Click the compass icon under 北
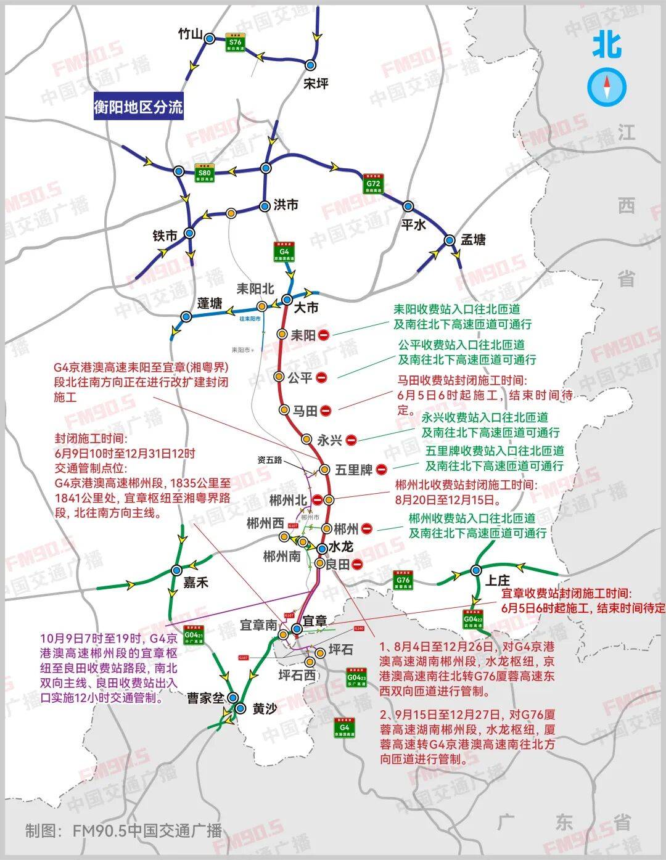(x=607, y=86)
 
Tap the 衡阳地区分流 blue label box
(x=138, y=107)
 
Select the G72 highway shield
(x=373, y=183)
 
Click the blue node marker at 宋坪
(x=311, y=65)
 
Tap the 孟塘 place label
(x=473, y=240)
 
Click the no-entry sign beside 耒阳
(x=324, y=335)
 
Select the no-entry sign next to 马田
(x=326, y=411)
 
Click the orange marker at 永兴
(x=306, y=439)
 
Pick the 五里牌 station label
(x=354, y=470)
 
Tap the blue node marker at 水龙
(x=322, y=548)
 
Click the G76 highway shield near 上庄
(x=403, y=581)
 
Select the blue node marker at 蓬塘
(x=186, y=317)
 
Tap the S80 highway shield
(x=204, y=173)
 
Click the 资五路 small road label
(x=269, y=460)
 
